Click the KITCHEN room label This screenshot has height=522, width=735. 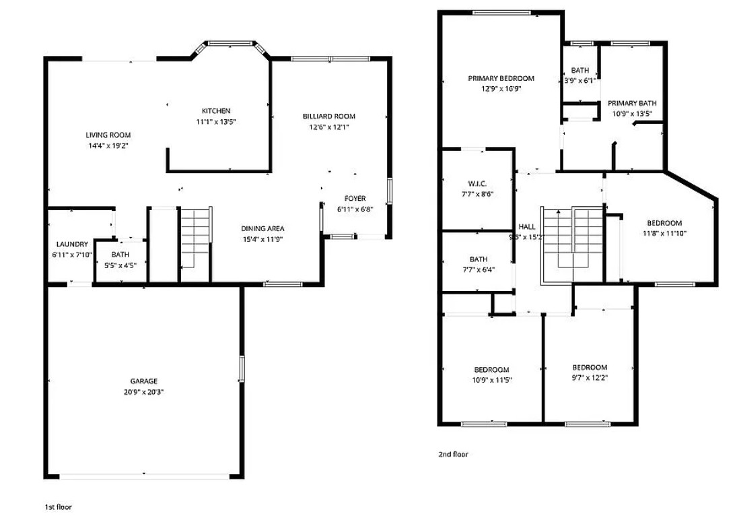tap(216, 111)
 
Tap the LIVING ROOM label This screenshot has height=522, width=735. tap(108, 135)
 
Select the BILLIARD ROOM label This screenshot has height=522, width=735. tap(329, 117)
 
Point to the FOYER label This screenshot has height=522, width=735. tap(355, 199)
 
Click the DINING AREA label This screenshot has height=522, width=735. tap(262, 229)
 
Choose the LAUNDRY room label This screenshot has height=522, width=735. tap(72, 244)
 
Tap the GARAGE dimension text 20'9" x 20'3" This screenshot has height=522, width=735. tap(144, 392)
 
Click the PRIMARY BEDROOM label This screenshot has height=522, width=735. tap(501, 78)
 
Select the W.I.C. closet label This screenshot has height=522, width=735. tap(477, 183)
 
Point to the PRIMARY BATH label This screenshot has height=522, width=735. tap(632, 103)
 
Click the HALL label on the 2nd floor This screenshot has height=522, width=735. tap(527, 226)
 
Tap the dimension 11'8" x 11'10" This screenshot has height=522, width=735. tap(665, 233)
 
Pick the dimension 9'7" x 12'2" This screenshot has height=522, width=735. tap(590, 378)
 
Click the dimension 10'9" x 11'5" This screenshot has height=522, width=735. tap(492, 380)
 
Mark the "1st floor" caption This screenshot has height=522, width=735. tap(58, 507)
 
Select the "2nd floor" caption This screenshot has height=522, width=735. tap(453, 454)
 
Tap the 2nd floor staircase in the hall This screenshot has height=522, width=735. tap(573, 244)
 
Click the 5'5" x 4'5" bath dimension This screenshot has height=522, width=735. tap(120, 265)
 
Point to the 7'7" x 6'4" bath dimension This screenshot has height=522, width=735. tap(478, 269)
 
